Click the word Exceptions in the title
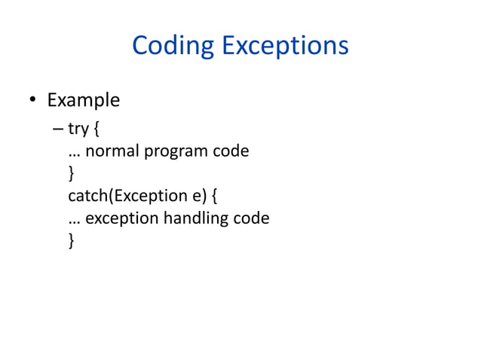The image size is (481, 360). (x=284, y=47)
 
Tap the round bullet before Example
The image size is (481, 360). (x=33, y=101)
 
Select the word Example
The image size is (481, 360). (x=84, y=100)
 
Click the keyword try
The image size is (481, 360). (x=78, y=129)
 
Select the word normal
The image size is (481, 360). (x=112, y=151)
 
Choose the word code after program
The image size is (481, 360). (x=231, y=151)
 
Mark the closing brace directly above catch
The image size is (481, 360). (x=72, y=174)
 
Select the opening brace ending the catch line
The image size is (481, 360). (x=215, y=197)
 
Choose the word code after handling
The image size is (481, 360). (x=251, y=218)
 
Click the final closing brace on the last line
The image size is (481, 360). (x=72, y=242)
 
